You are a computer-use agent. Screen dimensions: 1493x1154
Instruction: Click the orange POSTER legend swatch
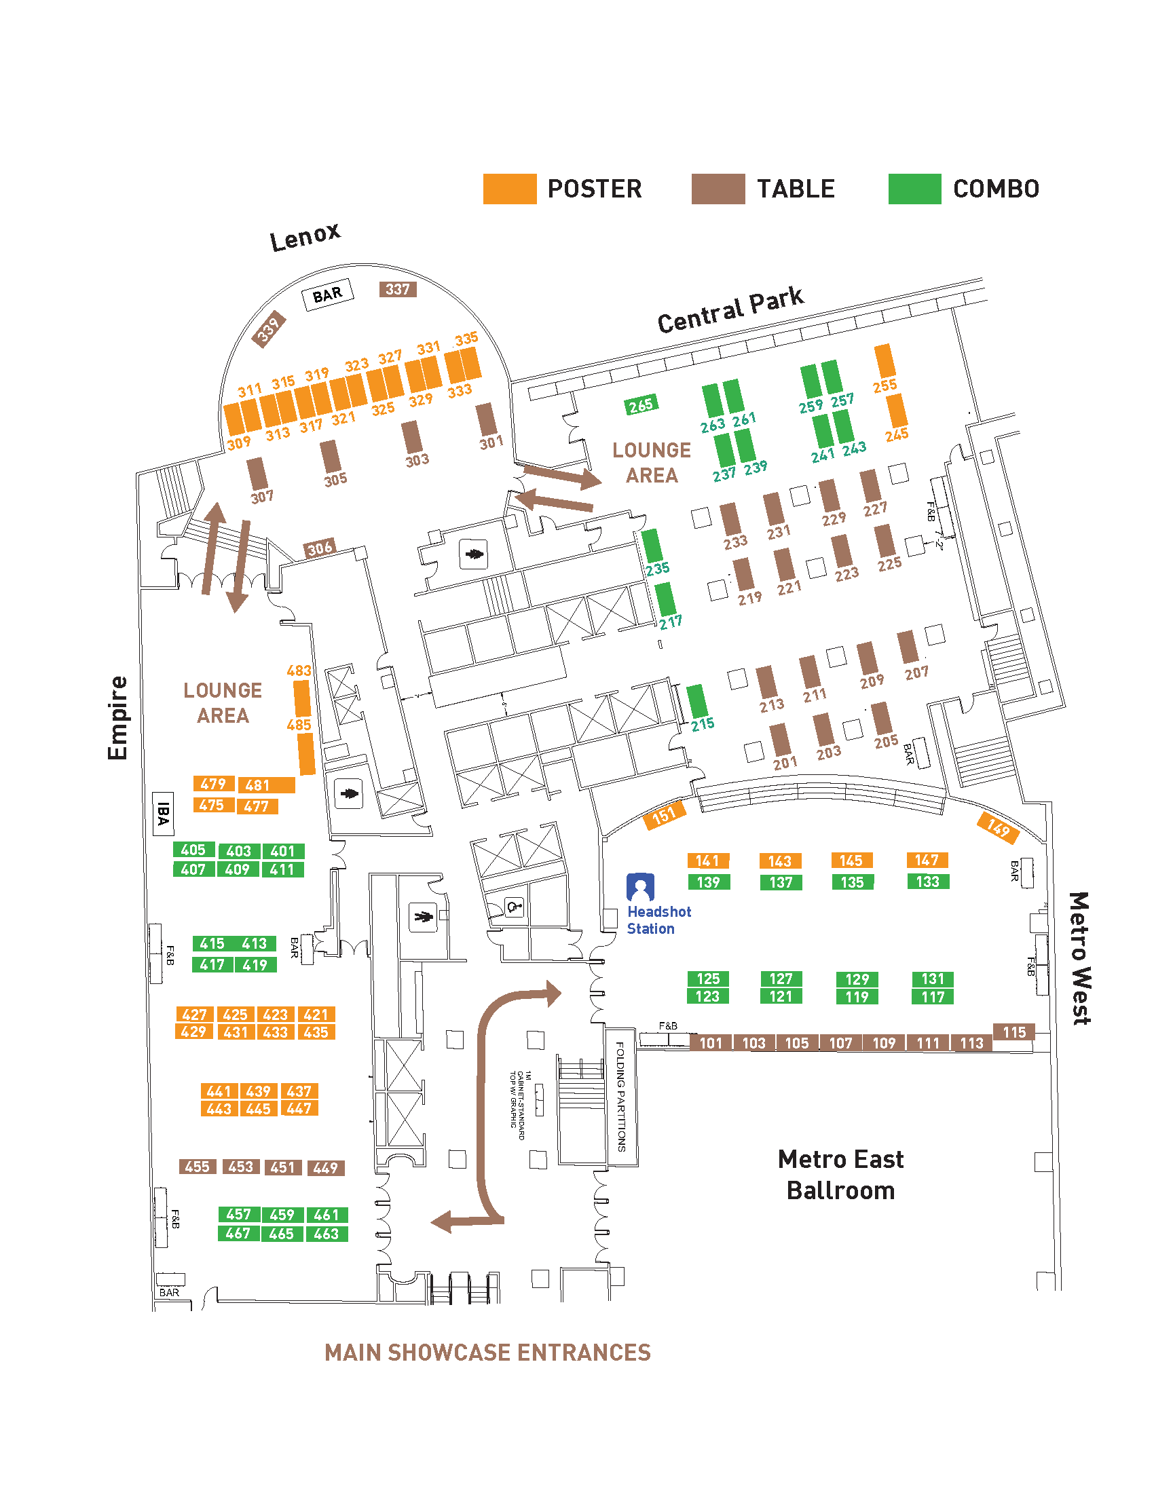coord(509,189)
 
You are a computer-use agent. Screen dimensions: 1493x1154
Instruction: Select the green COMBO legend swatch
coord(915,189)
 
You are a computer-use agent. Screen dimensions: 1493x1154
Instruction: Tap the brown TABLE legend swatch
coord(718,189)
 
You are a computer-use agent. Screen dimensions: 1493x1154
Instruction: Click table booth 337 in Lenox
coord(398,289)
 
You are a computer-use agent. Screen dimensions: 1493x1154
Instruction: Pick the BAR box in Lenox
coord(327,295)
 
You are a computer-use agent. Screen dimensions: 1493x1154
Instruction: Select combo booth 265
coord(641,405)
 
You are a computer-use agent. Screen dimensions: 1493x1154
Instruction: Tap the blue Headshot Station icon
coord(640,887)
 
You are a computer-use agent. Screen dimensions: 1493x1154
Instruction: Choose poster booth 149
coord(998,828)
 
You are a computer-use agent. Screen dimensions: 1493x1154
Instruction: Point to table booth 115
coord(1014,1032)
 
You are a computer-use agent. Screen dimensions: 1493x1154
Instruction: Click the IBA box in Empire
coord(163,814)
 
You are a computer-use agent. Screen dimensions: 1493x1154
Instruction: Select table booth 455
coord(198,1167)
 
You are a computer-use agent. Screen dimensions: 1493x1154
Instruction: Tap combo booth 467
coord(238,1234)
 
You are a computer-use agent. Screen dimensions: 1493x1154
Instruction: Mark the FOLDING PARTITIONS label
coord(620,1097)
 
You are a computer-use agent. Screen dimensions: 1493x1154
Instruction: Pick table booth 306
coord(319,548)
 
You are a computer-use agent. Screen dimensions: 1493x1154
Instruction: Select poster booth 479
coord(213,784)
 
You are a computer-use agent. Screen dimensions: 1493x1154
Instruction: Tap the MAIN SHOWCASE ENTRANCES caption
coord(487,1353)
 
